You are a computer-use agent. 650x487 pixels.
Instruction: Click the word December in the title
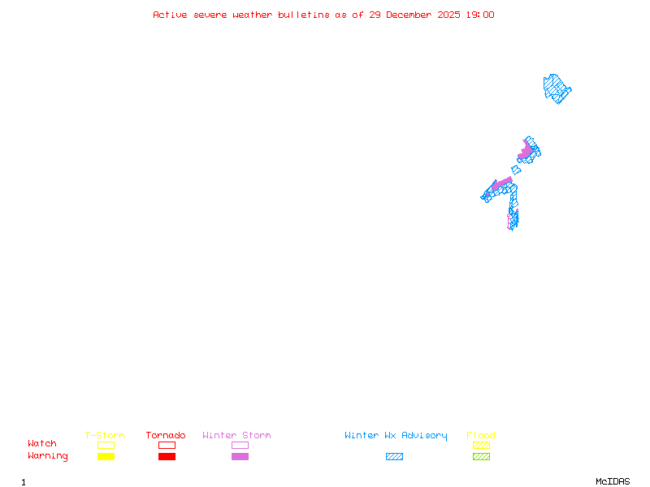click(x=409, y=15)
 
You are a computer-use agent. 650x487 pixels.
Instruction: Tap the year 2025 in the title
click(x=448, y=15)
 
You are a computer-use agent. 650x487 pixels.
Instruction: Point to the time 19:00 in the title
click(x=480, y=15)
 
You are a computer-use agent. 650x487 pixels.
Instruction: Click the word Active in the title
click(x=170, y=15)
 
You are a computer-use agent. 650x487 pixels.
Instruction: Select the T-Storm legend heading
click(x=105, y=435)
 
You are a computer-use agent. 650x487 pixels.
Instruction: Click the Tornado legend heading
click(x=166, y=435)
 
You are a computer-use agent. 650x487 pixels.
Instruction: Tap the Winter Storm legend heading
click(x=236, y=435)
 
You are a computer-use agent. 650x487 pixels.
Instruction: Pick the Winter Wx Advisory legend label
click(x=396, y=436)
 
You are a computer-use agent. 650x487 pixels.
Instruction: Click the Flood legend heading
click(x=481, y=435)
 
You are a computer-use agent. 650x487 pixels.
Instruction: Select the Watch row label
click(x=42, y=443)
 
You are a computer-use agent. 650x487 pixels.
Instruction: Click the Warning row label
click(x=48, y=456)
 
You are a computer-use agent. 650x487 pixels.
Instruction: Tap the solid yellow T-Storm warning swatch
click(x=106, y=457)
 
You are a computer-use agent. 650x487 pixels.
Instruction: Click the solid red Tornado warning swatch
click(x=167, y=457)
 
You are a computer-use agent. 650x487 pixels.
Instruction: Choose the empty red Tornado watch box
click(x=167, y=445)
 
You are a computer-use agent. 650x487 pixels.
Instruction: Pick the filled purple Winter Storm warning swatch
click(x=240, y=457)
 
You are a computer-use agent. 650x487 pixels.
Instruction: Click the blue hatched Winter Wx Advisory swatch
click(x=394, y=457)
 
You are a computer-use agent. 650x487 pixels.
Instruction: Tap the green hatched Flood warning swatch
click(x=481, y=457)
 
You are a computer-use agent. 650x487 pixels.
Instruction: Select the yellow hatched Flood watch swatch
click(x=481, y=445)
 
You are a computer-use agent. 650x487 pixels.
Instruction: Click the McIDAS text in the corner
click(x=613, y=481)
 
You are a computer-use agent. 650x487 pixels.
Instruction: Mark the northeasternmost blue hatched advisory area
click(x=557, y=88)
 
